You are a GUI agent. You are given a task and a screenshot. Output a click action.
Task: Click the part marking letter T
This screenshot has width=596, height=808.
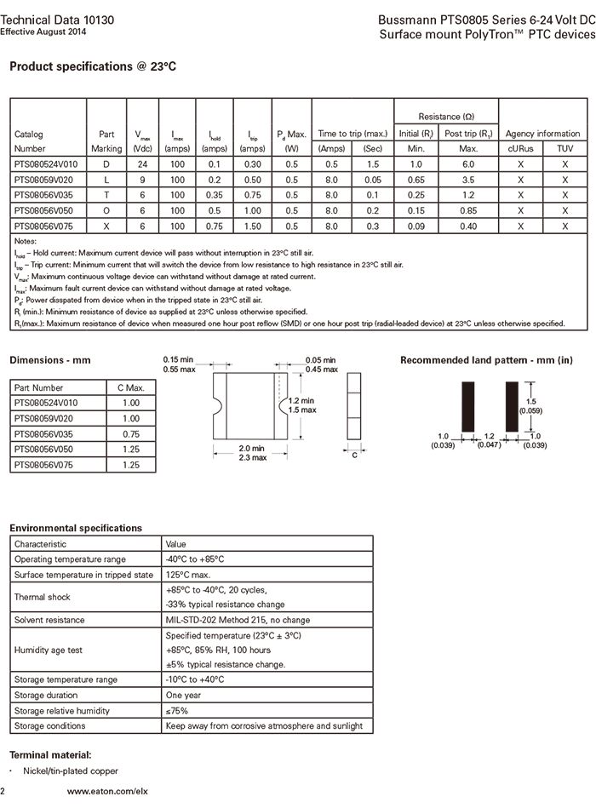(x=106, y=194)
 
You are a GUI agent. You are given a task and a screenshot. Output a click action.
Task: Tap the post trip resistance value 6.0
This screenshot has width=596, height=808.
(x=468, y=163)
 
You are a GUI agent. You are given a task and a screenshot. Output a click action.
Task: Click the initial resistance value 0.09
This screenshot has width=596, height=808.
(x=415, y=225)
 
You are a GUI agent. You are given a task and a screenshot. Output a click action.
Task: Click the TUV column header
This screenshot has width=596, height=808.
(x=564, y=148)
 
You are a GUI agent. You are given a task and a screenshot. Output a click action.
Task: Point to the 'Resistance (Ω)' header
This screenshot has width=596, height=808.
(x=446, y=116)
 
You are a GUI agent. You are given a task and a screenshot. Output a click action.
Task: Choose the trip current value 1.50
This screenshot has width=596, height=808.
(x=254, y=225)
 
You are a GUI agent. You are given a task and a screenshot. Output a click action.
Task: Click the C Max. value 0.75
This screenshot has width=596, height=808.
(x=130, y=434)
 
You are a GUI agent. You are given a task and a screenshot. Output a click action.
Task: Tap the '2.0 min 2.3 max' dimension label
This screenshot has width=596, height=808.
(x=252, y=453)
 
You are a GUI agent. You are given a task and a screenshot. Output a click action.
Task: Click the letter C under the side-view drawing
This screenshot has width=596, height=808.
(x=354, y=455)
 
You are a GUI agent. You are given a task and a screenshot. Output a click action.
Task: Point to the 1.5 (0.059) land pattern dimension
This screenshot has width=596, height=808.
(x=533, y=405)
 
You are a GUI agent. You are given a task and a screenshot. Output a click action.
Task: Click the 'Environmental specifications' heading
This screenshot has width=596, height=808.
(x=76, y=528)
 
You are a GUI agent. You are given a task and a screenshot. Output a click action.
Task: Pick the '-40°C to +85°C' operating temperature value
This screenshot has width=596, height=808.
(x=195, y=559)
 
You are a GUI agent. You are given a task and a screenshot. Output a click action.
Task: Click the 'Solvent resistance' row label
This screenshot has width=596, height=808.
(x=49, y=620)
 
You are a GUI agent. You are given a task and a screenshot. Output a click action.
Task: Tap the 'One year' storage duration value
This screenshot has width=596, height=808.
(x=184, y=695)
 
